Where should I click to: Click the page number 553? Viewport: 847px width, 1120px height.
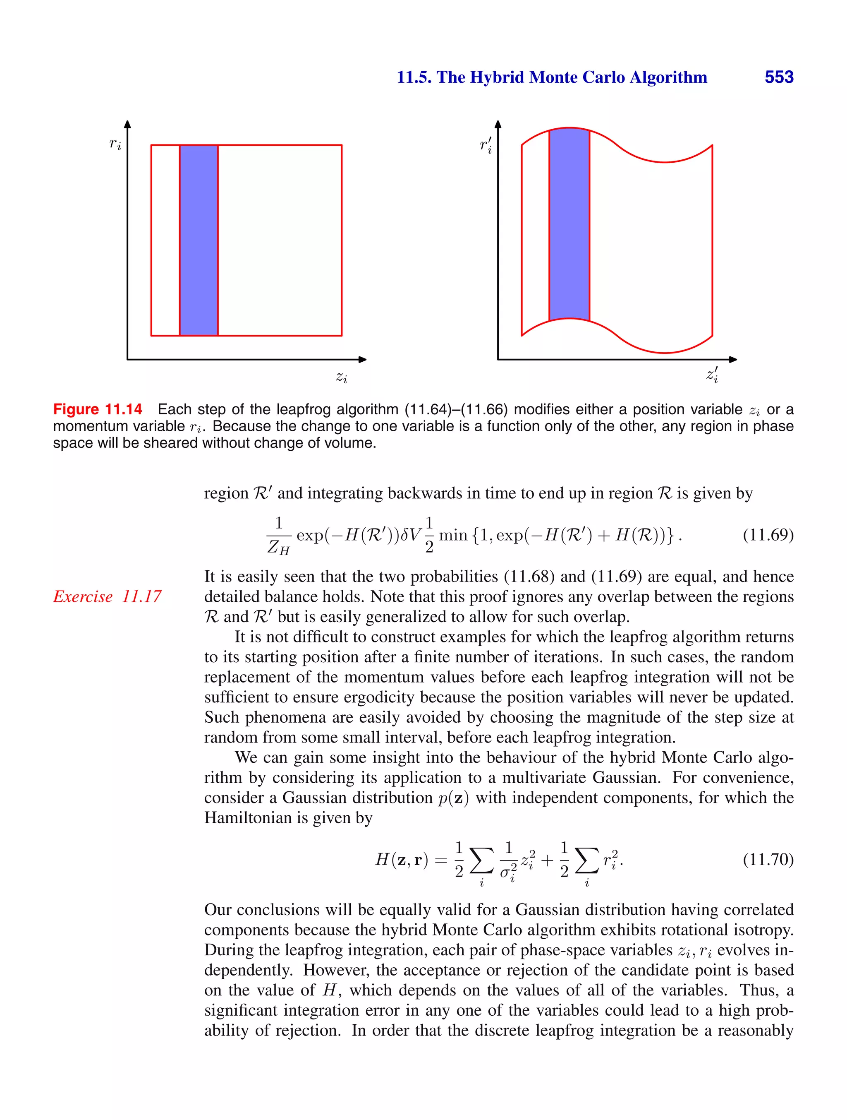(779, 77)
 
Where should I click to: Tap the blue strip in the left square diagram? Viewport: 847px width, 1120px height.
(199, 240)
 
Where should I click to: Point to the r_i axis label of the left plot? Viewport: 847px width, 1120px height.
(115, 144)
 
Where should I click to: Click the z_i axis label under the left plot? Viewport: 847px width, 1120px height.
(342, 377)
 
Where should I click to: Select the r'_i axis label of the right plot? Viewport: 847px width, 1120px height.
(486, 145)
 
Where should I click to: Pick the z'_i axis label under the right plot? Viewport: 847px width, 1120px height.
(713, 376)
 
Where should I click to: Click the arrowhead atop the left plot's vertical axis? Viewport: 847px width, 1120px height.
(127, 124)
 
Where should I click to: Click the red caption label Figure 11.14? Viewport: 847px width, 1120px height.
(98, 409)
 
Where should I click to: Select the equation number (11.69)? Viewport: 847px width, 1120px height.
(768, 535)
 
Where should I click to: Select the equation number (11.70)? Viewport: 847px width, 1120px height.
(768, 859)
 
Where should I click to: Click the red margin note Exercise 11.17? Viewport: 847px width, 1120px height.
(107, 596)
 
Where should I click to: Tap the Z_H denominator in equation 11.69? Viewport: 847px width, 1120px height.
(278, 547)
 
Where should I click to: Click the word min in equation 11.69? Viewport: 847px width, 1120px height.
(453, 535)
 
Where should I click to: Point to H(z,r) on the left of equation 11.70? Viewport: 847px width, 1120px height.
(401, 859)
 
